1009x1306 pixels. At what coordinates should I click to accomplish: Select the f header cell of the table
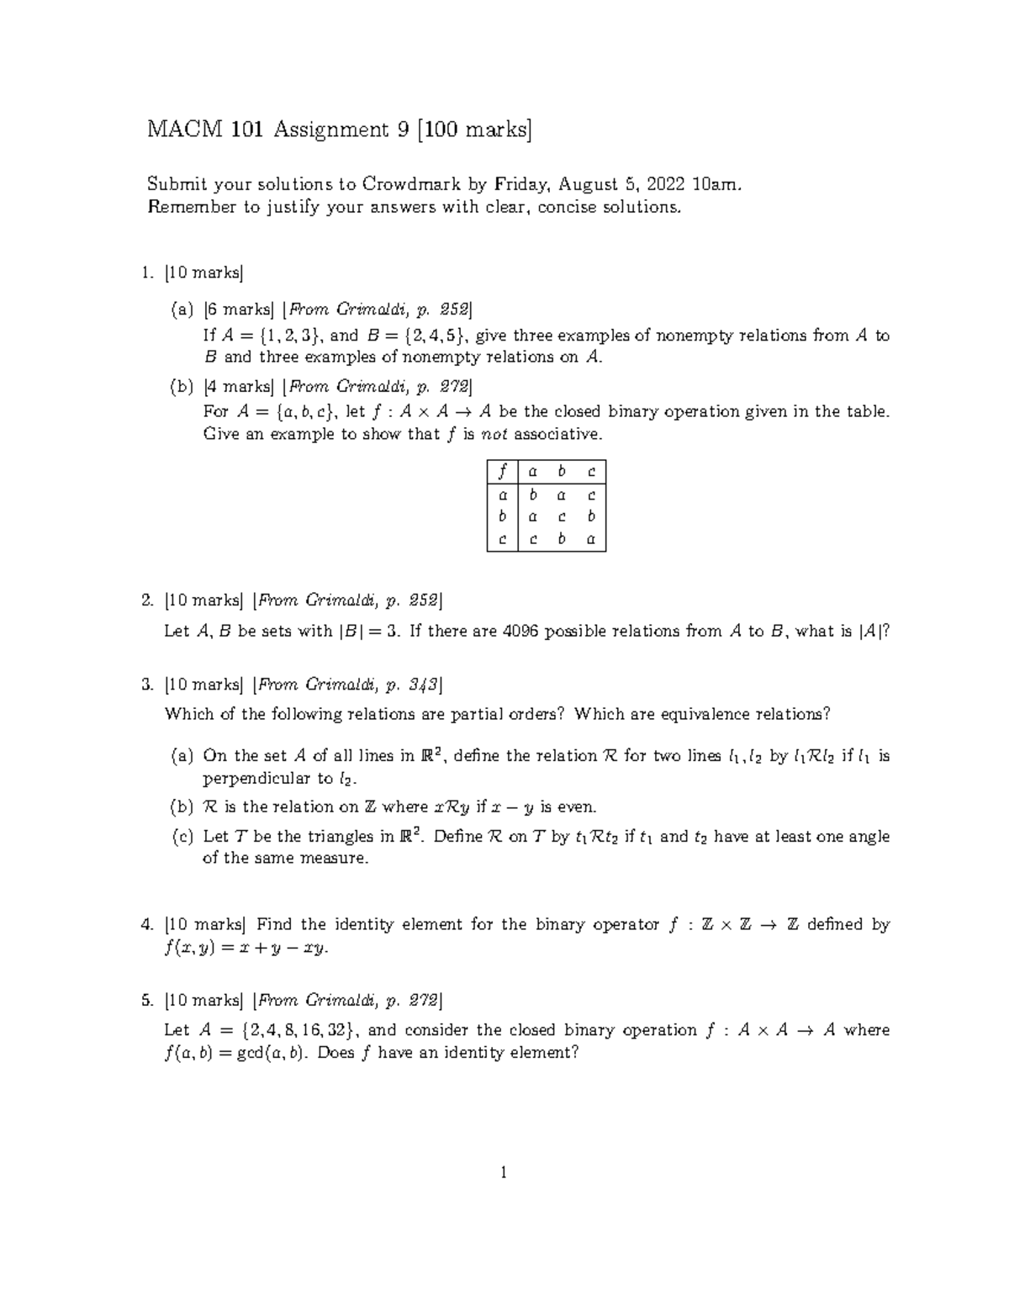[x=503, y=473]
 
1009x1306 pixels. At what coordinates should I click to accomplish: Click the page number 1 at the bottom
[x=503, y=1172]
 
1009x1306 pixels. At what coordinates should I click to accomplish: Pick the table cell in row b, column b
[x=562, y=517]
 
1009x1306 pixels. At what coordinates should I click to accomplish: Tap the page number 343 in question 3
[x=424, y=685]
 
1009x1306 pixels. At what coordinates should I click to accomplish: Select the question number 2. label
[x=148, y=600]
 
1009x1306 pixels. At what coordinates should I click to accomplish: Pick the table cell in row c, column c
[x=591, y=540]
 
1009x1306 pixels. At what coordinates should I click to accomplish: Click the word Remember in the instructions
[x=192, y=207]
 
